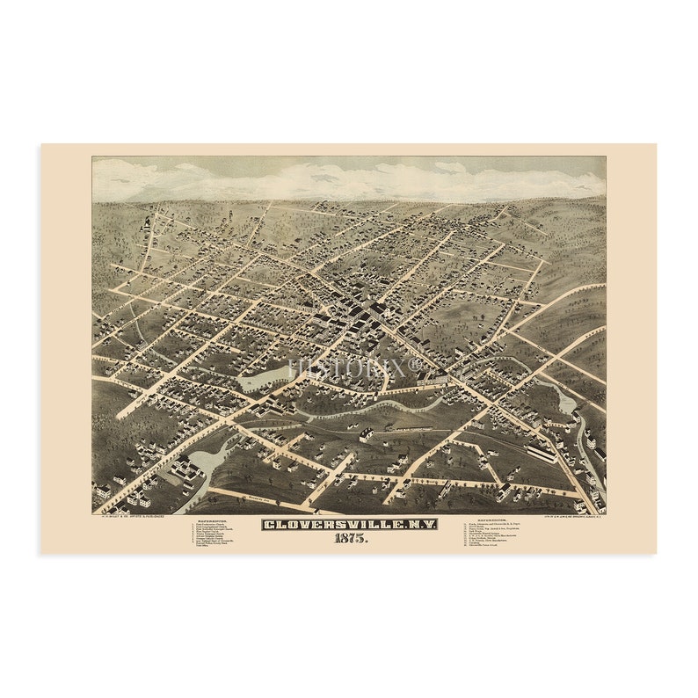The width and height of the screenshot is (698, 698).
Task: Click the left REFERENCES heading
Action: click(x=212, y=520)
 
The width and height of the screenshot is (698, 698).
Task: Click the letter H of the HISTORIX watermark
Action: click(x=298, y=367)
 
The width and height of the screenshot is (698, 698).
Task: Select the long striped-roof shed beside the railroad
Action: click(x=542, y=452)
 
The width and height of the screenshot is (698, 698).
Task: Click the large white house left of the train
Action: click(x=366, y=433)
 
